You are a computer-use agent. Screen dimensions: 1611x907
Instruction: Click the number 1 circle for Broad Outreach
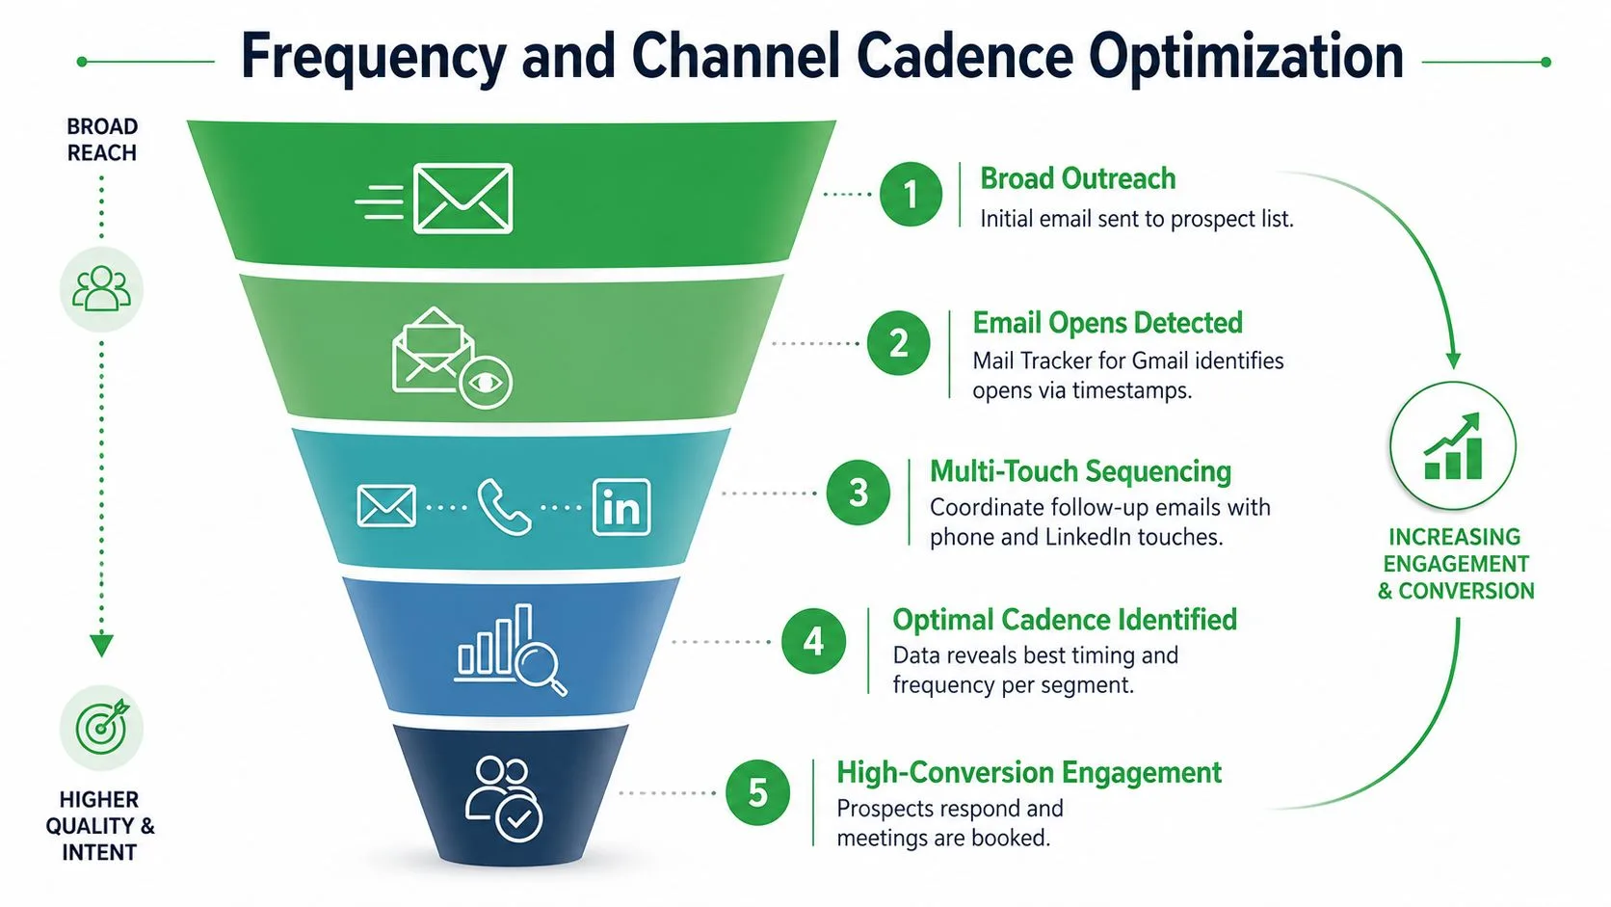point(911,194)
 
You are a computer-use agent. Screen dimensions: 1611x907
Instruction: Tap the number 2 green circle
point(898,343)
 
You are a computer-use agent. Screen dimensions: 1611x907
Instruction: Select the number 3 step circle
point(858,493)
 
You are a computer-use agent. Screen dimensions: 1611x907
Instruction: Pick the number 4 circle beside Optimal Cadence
point(813,641)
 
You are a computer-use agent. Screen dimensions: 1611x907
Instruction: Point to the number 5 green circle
point(758,792)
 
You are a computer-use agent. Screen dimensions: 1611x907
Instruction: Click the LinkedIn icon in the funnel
point(621,508)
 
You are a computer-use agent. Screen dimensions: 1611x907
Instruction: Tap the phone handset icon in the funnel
point(503,507)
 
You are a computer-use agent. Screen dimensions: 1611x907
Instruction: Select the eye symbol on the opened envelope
point(486,383)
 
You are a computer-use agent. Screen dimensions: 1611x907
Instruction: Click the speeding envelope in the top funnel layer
point(435,199)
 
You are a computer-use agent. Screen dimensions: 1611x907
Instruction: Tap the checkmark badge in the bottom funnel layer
point(519,818)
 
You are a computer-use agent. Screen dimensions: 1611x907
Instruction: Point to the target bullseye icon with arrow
point(102,727)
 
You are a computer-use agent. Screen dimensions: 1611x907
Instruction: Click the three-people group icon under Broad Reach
point(101,288)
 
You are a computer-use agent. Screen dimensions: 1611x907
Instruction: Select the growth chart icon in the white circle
point(1453,446)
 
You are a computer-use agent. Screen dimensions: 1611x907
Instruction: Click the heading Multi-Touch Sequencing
point(1080,472)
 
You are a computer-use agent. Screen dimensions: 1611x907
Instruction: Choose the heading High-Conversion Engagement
point(1029,772)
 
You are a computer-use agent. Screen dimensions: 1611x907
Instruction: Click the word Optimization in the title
point(1246,58)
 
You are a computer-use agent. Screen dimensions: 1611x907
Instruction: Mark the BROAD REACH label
point(102,140)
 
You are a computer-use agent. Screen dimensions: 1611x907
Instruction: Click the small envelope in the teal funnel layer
point(386,506)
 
